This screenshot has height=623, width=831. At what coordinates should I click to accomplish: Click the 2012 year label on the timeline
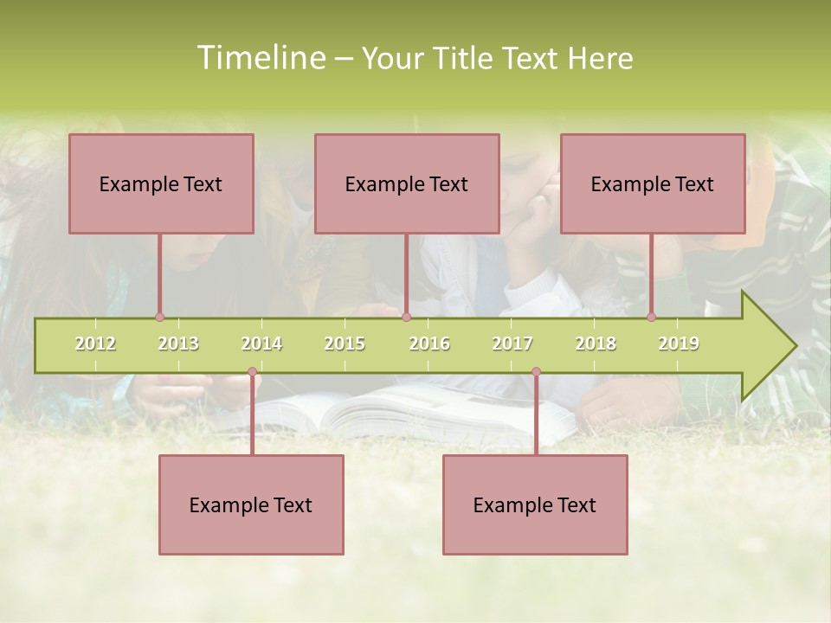(x=95, y=344)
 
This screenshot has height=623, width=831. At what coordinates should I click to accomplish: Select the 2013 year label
(x=178, y=344)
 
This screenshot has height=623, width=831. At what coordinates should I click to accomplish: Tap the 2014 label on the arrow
(x=261, y=344)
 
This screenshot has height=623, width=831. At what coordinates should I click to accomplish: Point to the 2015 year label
(x=345, y=344)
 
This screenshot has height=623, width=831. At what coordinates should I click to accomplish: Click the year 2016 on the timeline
(x=429, y=344)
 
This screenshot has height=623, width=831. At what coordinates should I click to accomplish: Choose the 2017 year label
(x=512, y=344)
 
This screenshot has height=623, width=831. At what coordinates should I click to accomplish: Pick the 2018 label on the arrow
(x=596, y=344)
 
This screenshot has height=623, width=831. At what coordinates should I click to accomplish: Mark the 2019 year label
(x=679, y=344)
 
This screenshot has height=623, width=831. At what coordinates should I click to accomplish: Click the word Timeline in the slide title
(x=259, y=58)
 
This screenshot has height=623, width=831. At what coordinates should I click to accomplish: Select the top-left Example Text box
(x=161, y=183)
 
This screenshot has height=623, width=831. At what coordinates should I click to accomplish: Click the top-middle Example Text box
(x=407, y=183)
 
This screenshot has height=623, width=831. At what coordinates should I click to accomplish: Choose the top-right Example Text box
(x=653, y=183)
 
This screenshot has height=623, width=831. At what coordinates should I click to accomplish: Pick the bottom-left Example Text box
(x=251, y=504)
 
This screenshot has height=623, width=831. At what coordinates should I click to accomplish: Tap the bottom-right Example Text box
(x=535, y=504)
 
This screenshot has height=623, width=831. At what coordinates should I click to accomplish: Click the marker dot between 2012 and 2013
(x=159, y=318)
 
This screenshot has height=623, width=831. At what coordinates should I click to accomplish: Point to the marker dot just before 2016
(x=406, y=318)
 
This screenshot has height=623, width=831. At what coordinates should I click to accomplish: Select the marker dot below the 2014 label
(x=252, y=372)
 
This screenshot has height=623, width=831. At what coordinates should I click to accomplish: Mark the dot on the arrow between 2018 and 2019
(x=651, y=318)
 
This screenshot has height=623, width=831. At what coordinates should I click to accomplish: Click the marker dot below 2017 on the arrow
(x=536, y=372)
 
